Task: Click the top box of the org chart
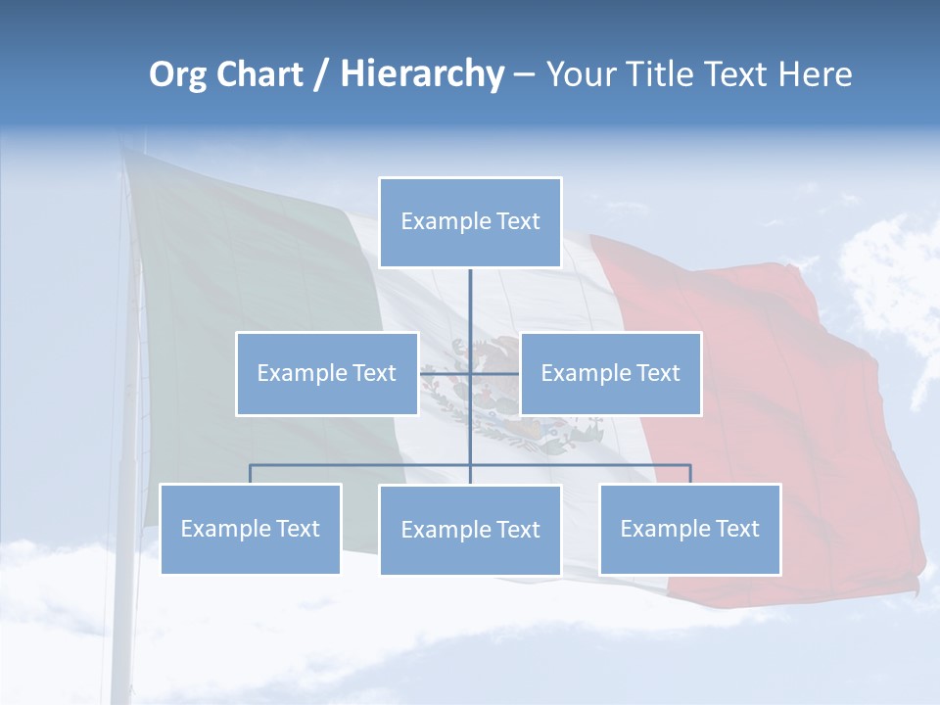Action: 470,222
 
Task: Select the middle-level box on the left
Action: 326,373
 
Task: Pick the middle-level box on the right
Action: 610,373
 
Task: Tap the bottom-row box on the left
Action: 250,529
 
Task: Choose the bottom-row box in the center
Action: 470,530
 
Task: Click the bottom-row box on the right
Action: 689,529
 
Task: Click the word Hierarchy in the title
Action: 421,74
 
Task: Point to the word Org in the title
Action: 177,74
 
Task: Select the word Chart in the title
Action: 259,74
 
